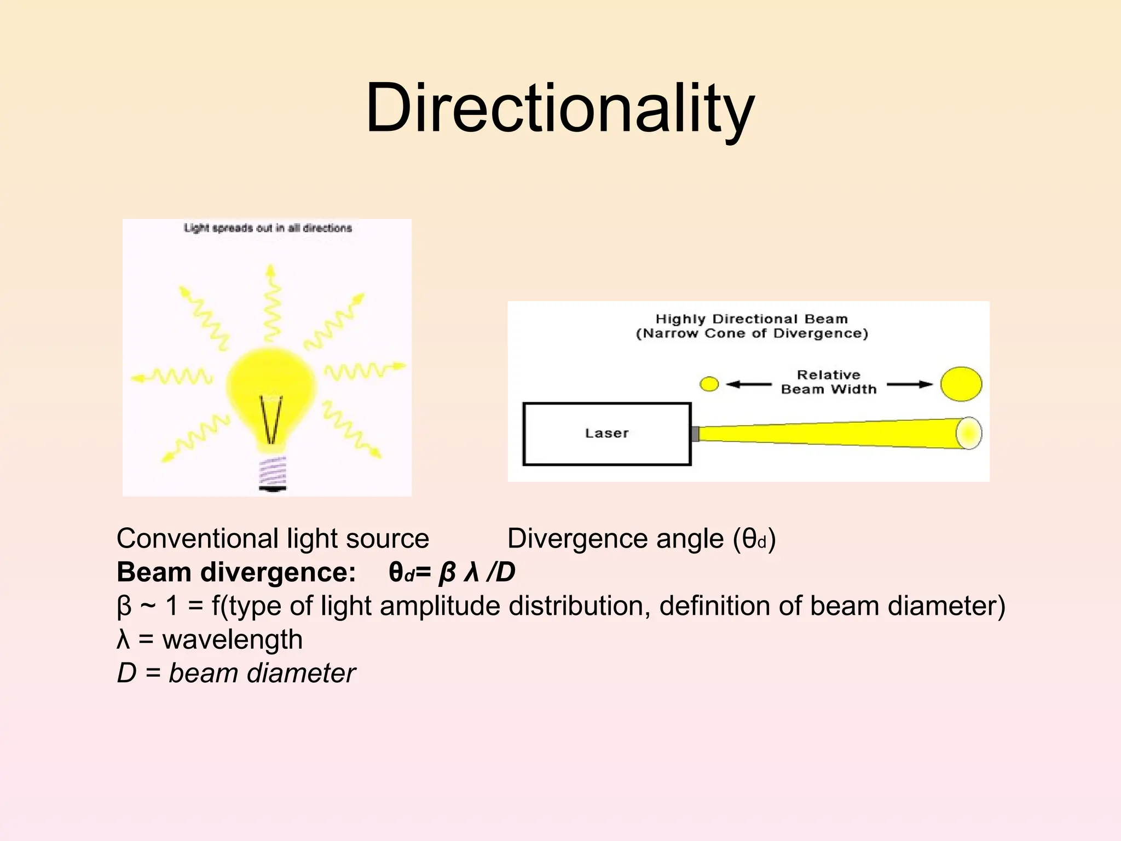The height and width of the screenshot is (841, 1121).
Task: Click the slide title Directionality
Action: tap(559, 108)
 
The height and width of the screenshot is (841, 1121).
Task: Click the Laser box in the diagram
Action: tap(606, 434)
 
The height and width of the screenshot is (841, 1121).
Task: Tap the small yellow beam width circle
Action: tap(709, 384)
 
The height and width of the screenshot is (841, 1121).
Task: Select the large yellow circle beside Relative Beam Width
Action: tap(961, 384)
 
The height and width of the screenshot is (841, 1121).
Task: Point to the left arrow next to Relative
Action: tap(748, 384)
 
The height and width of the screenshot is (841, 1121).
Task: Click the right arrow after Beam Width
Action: tap(909, 384)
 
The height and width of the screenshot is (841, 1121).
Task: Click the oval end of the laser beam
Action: tap(968, 433)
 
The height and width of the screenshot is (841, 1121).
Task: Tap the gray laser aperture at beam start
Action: tap(695, 434)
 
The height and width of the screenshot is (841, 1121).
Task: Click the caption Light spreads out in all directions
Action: tap(268, 228)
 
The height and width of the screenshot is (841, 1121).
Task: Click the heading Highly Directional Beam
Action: tap(752, 319)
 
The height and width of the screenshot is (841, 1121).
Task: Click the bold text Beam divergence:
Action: tap(236, 572)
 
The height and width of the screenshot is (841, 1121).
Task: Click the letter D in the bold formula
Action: tap(505, 572)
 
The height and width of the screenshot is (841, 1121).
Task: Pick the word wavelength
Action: tap(232, 640)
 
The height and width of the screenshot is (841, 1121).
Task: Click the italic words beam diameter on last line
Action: tap(262, 673)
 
